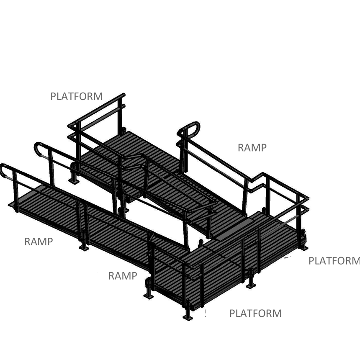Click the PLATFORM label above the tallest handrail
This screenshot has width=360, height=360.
(76, 96)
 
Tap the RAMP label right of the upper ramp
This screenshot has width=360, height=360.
(252, 147)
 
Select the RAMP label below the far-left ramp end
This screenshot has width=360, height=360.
(39, 242)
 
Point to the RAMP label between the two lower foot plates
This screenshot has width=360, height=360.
(122, 276)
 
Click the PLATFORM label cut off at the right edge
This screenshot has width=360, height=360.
(334, 261)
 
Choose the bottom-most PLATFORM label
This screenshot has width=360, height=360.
(255, 313)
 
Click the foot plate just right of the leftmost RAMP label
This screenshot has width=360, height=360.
(84, 248)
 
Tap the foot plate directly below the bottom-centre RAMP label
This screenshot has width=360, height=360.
(149, 295)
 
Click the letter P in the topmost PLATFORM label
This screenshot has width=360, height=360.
(53, 96)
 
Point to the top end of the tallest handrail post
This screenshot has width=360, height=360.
(124, 95)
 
